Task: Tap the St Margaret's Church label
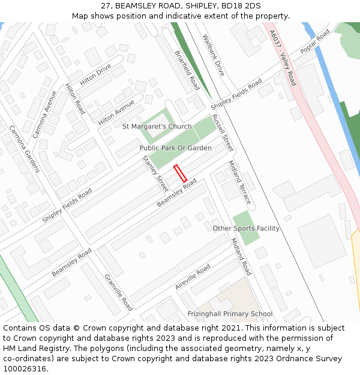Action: coord(157,127)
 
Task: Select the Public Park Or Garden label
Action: coord(175,148)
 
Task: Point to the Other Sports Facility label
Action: coord(246,229)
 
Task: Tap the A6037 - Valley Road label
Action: coord(283,58)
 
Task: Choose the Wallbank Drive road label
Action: coord(213,55)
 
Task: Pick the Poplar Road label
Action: coord(315,41)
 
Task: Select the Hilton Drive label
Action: coord(95,75)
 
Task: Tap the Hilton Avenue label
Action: coord(116,112)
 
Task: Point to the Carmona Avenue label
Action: coord(45,114)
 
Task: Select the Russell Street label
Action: coord(222,133)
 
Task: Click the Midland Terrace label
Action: coord(239,182)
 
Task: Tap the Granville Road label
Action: coord(118,292)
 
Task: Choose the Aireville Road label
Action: coord(193,277)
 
